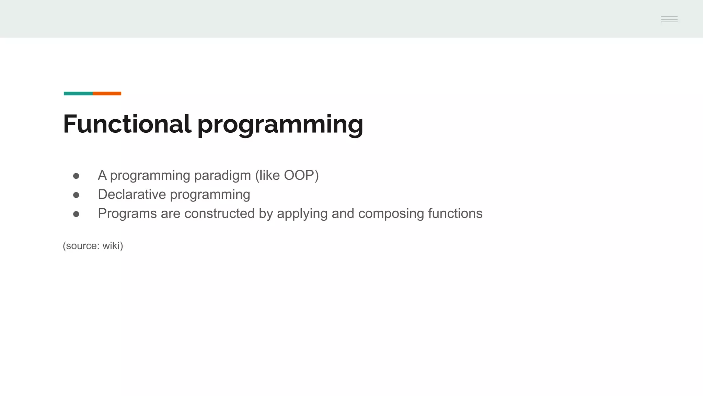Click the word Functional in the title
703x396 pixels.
pos(127,124)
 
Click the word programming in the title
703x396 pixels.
pos(280,125)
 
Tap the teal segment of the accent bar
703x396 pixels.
pos(78,93)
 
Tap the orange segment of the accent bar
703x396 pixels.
pos(107,93)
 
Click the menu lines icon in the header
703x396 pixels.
pos(669,20)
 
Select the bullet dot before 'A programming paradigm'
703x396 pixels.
pos(76,176)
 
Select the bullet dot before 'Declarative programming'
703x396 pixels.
pos(76,195)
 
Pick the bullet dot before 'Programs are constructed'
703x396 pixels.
pos(76,214)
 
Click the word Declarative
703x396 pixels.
pos(132,195)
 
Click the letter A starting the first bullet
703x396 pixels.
pos(102,175)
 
